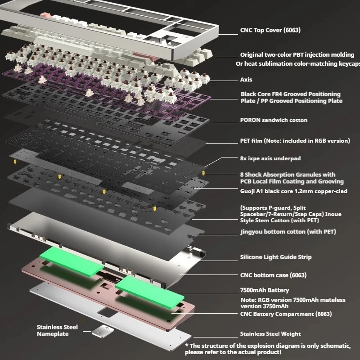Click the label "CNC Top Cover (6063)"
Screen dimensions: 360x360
pyautogui.click(x=270, y=30)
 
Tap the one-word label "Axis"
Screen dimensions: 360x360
pyautogui.click(x=246, y=80)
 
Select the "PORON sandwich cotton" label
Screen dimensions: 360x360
pyautogui.click(x=274, y=120)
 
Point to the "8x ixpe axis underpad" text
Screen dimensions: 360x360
pyautogui.click(x=270, y=158)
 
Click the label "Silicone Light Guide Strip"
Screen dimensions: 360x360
pyautogui.click(x=276, y=257)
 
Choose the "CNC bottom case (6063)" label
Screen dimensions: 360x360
pyautogui.click(x=273, y=275)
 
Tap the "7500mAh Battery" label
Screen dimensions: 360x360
pyautogui.click(x=265, y=290)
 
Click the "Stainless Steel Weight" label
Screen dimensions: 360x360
pyautogui.click(x=270, y=334)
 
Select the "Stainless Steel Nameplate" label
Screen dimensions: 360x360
pyautogui.click(x=57, y=330)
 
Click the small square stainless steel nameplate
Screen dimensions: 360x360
pyautogui.click(x=103, y=332)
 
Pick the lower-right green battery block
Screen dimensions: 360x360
pyautogui.click(x=150, y=292)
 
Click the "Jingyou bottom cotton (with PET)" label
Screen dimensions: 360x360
pyautogui.click(x=288, y=232)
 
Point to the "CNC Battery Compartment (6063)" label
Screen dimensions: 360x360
pyautogui.click(x=286, y=314)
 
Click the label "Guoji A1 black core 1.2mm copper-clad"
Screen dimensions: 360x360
pyautogui.click(x=294, y=191)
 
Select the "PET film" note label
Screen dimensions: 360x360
pyautogui.click(x=295, y=141)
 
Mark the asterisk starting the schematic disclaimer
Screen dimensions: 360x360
pyautogui.click(x=187, y=345)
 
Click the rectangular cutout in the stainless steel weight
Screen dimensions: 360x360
pyautogui.click(x=107, y=312)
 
